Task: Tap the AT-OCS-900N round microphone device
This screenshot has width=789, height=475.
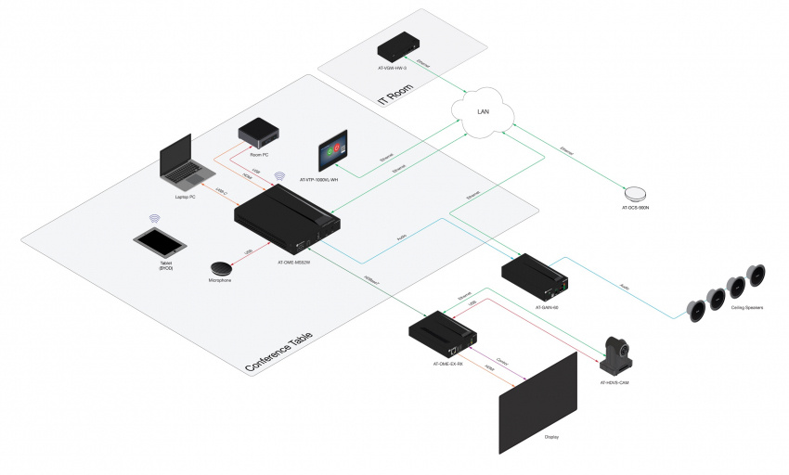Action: click(x=637, y=193)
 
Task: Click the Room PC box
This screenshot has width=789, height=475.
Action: click(x=254, y=135)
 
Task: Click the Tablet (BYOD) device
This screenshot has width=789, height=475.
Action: click(x=160, y=245)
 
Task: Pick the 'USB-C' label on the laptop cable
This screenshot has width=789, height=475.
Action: click(x=221, y=192)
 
